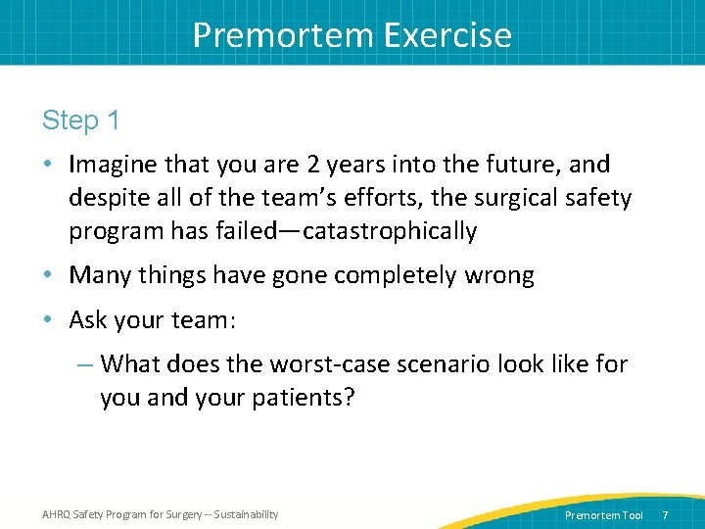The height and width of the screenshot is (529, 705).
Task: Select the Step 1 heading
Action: [81, 120]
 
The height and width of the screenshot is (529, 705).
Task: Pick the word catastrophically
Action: [391, 231]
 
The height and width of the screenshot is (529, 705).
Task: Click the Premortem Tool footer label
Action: [604, 515]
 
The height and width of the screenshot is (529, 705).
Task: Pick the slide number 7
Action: [666, 515]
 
